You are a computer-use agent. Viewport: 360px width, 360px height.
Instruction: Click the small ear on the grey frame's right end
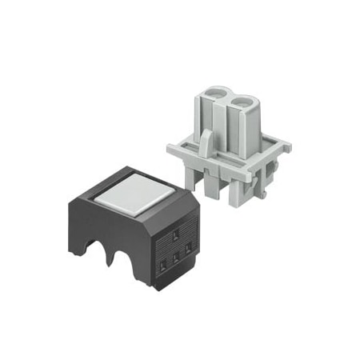(283, 147)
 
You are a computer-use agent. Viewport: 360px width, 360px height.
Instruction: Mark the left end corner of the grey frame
(170, 149)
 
